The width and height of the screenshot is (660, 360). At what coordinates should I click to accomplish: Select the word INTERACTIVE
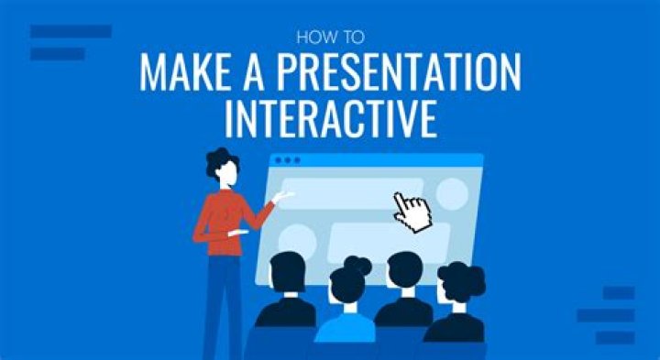click(331, 120)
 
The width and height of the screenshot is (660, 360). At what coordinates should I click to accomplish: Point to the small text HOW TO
click(330, 38)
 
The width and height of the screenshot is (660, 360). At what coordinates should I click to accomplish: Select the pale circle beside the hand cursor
click(452, 193)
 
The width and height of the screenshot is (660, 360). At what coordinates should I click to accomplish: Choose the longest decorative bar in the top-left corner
click(71, 31)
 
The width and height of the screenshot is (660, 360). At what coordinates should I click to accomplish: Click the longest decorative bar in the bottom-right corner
click(606, 314)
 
